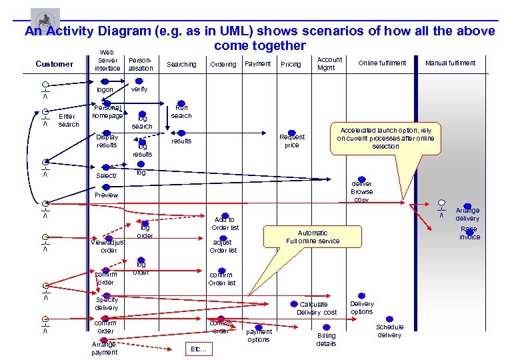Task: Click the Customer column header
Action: (54, 64)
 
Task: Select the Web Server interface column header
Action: (107, 60)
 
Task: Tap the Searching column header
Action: (181, 65)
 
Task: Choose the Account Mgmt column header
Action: (329, 63)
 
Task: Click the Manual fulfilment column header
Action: (450, 63)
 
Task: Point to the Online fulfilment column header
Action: (382, 63)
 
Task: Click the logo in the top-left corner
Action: (45, 18)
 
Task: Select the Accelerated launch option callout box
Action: (385, 138)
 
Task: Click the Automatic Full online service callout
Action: (313, 237)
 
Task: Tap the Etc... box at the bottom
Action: (199, 349)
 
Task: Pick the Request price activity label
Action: (292, 141)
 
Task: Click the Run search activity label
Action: (181, 111)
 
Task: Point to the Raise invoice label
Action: (469, 233)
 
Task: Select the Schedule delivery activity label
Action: (389, 331)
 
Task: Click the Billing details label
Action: (326, 339)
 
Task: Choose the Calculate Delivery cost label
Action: (317, 308)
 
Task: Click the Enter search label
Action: (68, 120)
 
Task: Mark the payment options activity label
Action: (259, 335)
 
